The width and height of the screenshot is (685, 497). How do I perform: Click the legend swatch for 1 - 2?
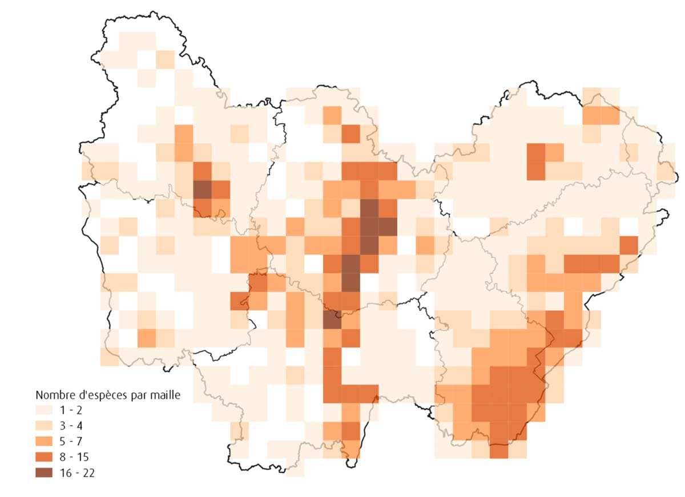click(46, 410)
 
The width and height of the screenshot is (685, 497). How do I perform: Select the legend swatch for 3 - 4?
click(46, 426)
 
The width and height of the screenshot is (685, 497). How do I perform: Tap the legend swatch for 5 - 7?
click(46, 441)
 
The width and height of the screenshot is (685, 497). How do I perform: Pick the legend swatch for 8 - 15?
click(46, 457)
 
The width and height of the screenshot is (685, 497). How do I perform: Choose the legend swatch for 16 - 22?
click(46, 472)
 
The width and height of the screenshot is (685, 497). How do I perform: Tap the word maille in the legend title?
click(167, 395)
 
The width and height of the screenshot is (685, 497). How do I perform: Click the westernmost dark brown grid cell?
click(202, 189)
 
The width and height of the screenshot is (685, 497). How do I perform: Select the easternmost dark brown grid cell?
click(387, 227)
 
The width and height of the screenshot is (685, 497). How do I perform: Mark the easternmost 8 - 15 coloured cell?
click(628, 245)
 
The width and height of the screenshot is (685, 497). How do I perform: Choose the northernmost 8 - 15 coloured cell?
click(350, 134)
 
